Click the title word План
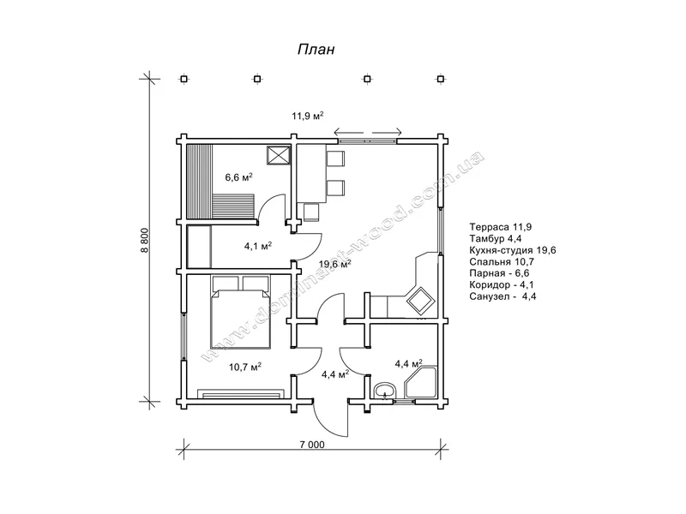click(316, 49)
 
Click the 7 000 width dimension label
click(312, 445)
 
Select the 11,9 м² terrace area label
click(308, 116)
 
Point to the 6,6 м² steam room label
click(239, 177)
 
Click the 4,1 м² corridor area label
click(258, 246)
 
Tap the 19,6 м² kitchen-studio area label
click(334, 264)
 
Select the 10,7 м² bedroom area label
click(245, 367)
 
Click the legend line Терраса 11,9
click(501, 227)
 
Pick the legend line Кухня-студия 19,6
click(513, 250)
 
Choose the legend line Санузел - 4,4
click(503, 296)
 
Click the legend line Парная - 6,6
click(500, 273)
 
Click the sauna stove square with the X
click(279, 155)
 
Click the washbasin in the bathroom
click(384, 390)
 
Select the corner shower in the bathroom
click(421, 382)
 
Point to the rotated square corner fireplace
click(421, 301)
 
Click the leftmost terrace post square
click(184, 79)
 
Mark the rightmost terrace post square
click(441, 79)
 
